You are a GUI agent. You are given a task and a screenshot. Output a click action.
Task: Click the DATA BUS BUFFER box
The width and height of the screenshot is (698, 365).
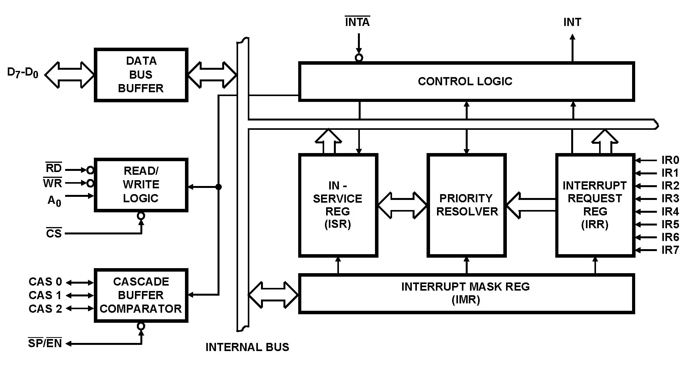pos(141,75)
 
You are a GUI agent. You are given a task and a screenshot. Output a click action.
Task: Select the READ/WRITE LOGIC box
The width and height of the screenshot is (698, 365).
pos(141,185)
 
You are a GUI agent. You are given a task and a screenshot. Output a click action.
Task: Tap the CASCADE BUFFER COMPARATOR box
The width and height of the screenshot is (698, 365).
pos(141,295)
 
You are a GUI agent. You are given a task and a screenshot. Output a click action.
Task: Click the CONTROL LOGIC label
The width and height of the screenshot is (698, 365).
pos(465,81)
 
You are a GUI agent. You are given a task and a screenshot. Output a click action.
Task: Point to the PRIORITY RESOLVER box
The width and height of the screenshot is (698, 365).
pos(466,205)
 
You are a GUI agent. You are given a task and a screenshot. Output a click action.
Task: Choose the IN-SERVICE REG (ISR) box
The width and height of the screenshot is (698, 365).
pos(338,205)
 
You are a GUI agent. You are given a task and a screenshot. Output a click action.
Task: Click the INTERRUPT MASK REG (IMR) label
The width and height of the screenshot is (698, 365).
pos(465,293)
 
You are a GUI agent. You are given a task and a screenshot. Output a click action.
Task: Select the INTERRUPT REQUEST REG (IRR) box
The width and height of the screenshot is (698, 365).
pos(595,205)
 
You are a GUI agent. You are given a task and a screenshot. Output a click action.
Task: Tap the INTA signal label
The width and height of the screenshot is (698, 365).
pos(357,22)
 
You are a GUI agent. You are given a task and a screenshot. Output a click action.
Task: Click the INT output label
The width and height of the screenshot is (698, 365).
pos(572,22)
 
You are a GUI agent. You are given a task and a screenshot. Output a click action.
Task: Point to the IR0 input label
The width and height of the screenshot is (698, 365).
pos(670,160)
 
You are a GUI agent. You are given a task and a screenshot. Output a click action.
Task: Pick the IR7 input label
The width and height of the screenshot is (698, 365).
pos(670,250)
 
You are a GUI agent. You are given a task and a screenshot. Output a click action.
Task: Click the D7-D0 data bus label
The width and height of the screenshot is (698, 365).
pos(23,73)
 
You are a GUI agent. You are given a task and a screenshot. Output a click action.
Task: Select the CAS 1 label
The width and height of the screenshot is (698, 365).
pos(45,295)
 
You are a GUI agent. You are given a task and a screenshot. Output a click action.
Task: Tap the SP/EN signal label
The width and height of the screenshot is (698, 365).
pos(45,343)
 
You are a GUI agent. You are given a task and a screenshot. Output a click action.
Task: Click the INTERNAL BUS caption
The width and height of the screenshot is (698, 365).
pos(247,347)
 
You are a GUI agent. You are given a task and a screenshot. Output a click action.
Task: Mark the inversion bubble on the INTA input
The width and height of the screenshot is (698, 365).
pos(359,58)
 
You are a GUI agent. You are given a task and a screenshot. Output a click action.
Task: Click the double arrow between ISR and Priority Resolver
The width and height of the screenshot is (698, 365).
pos(403,205)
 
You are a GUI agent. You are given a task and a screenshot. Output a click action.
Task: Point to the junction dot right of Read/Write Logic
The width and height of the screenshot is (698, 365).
pos(219,187)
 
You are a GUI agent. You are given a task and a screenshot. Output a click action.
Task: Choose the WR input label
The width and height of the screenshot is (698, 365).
pos(53,183)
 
